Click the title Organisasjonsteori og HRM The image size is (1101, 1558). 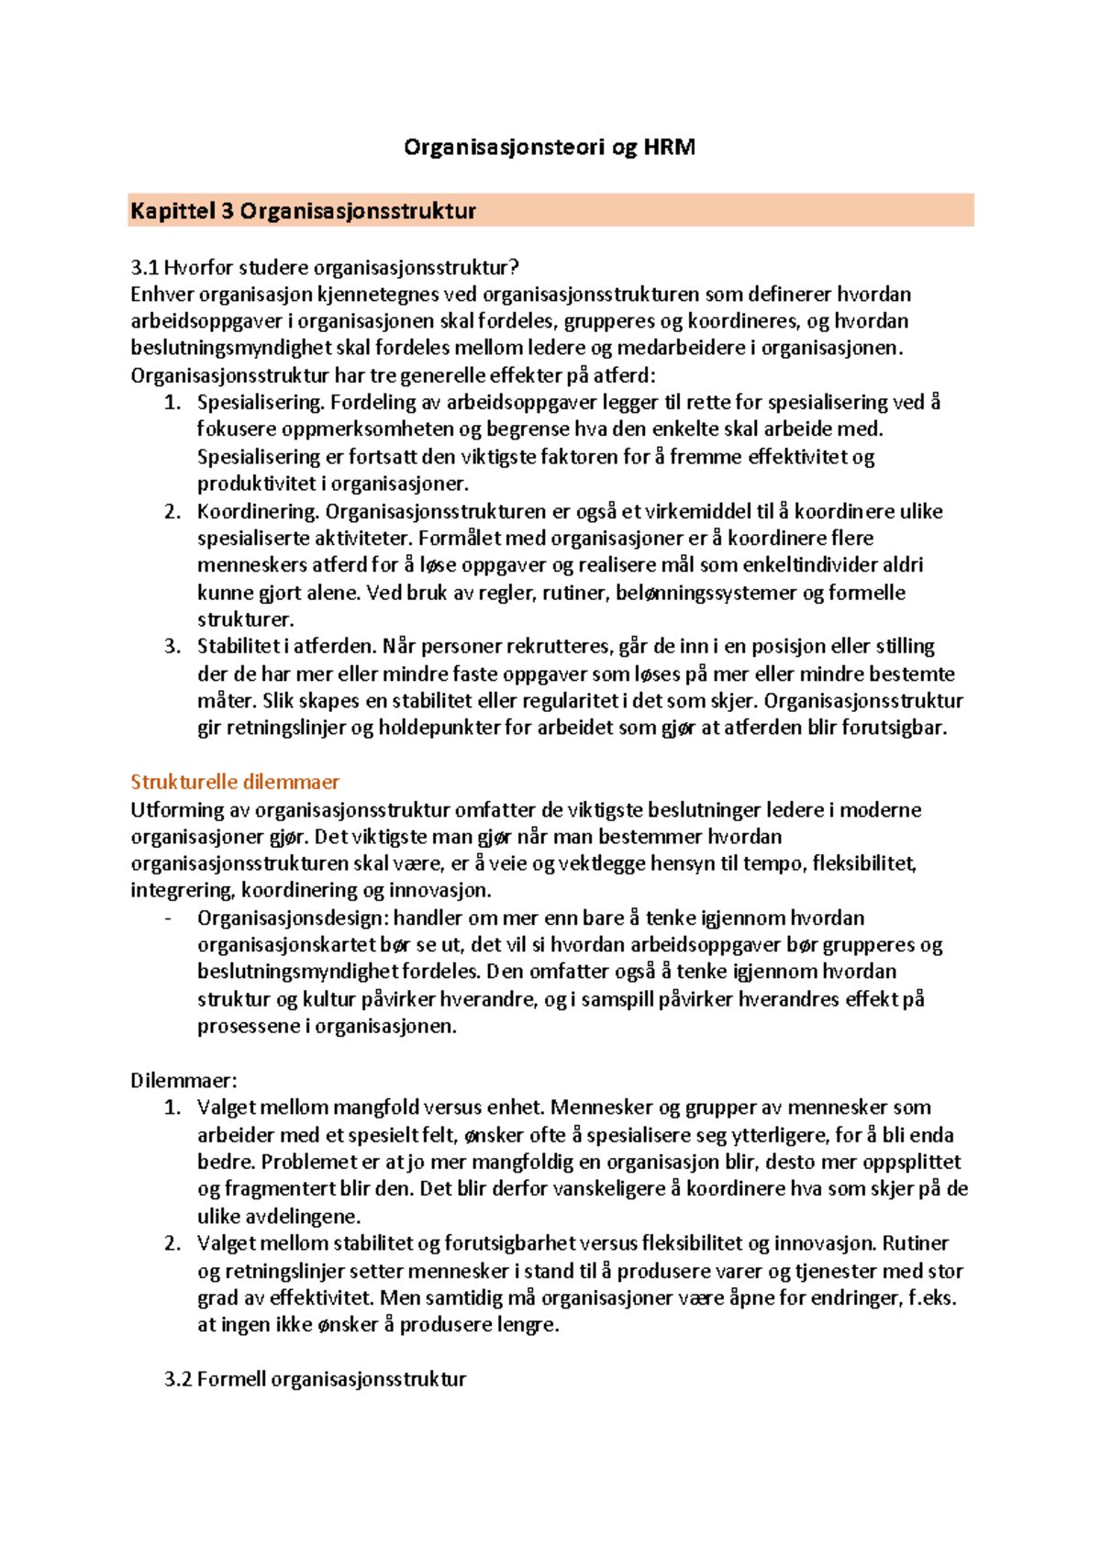click(x=550, y=147)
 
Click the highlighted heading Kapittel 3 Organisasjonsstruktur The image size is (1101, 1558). click(x=303, y=211)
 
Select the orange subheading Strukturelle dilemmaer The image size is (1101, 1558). click(x=235, y=782)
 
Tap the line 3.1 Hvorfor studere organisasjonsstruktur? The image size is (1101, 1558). click(x=325, y=268)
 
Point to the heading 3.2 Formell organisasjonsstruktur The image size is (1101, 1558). click(x=315, y=1379)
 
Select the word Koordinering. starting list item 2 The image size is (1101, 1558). click(x=258, y=511)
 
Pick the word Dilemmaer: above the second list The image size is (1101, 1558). click(x=183, y=1080)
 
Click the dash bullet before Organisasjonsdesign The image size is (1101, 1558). click(x=168, y=918)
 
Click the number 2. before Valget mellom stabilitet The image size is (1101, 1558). click(x=172, y=1243)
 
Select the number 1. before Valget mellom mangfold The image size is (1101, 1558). click(x=172, y=1107)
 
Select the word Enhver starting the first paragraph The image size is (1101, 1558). click(x=162, y=295)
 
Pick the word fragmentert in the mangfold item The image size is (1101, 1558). click(x=271, y=1189)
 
